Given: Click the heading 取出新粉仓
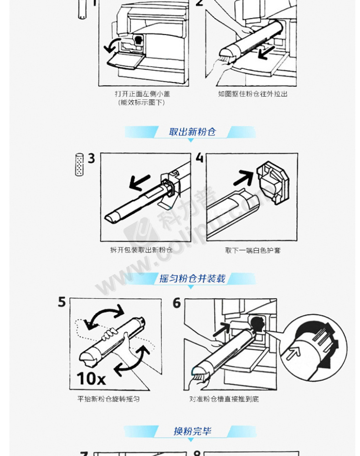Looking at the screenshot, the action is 192,132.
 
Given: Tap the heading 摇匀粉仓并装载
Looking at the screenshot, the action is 192,279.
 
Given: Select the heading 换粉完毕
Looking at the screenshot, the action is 192,431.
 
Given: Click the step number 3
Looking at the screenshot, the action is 92,159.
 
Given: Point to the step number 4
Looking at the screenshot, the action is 200,157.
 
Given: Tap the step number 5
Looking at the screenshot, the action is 62,302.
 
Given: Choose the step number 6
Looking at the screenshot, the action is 177,303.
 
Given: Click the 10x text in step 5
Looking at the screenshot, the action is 91,378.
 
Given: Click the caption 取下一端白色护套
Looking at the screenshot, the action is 253,250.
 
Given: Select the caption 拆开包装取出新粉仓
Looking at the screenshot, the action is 142,250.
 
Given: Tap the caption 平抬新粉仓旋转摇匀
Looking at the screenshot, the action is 108,399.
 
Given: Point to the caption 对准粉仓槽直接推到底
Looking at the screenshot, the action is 224,399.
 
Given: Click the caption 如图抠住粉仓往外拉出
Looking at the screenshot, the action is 253,94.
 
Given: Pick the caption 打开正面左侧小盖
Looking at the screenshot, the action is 142,94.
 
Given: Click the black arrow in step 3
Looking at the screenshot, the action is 139,183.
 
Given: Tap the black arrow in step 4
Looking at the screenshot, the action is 243,178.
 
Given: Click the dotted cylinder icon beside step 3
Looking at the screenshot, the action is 79,165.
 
